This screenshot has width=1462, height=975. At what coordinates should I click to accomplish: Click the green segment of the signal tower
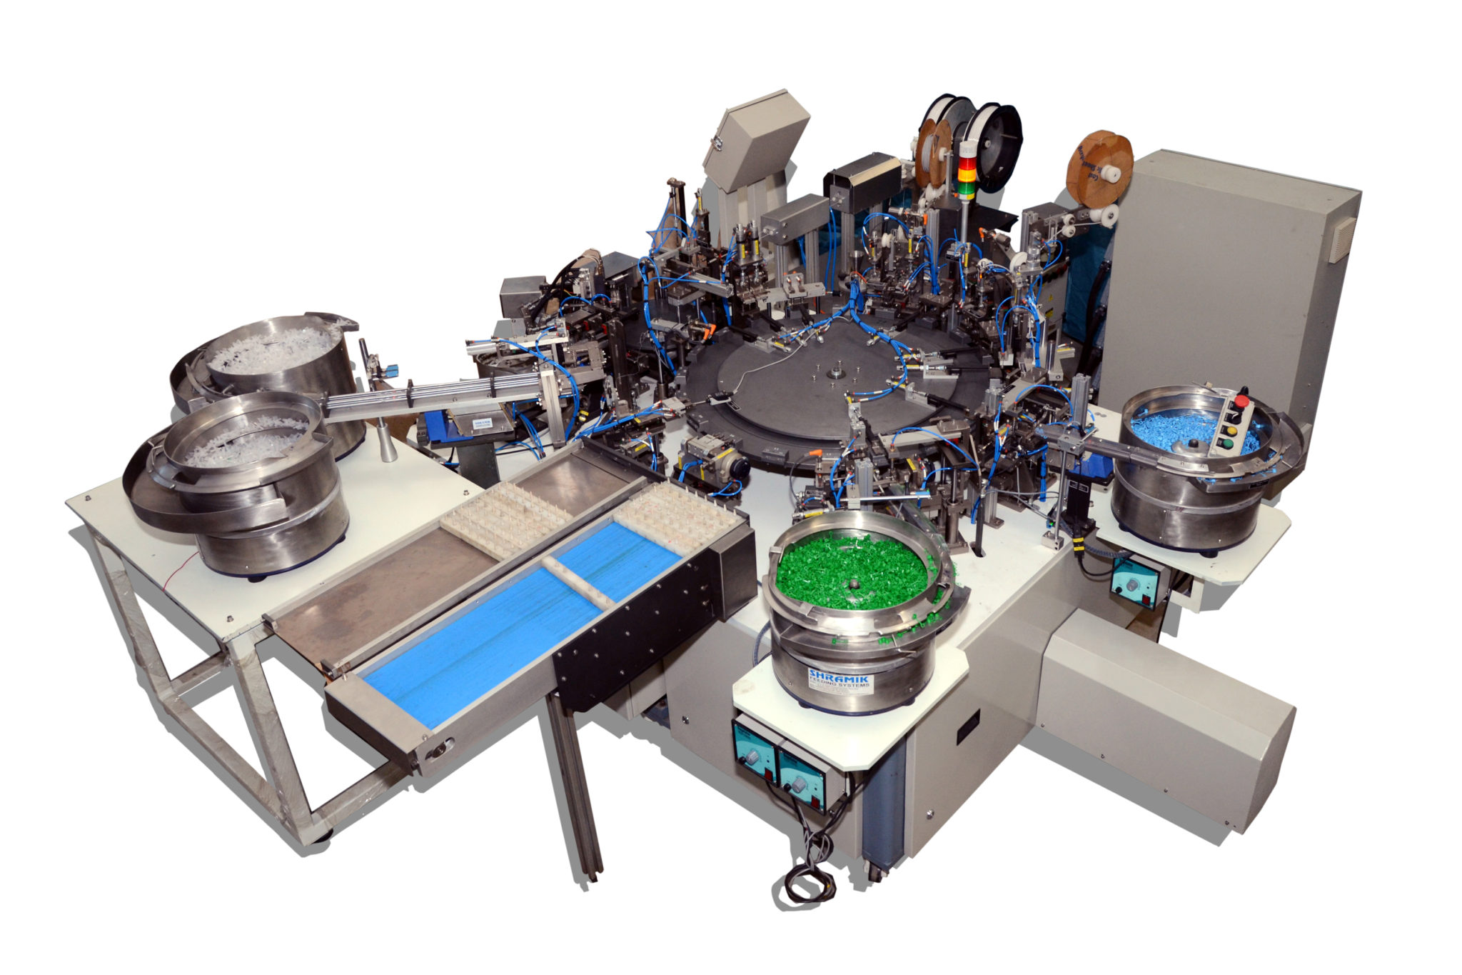point(966,189)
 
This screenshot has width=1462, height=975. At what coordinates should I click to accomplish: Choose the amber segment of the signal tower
point(967,176)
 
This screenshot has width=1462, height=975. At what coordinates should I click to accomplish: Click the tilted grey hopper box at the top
point(757,139)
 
